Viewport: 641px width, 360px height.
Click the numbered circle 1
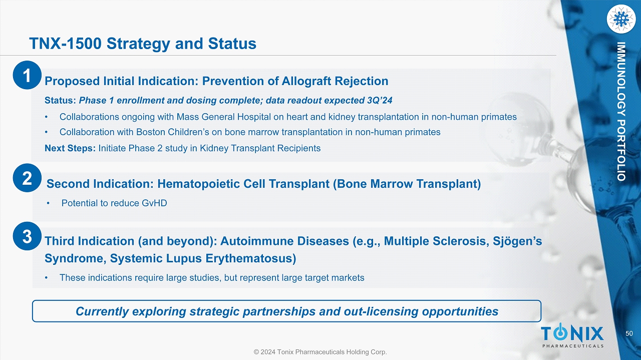click(x=27, y=75)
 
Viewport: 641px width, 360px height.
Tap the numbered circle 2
click(x=27, y=178)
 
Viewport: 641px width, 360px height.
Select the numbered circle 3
click(x=27, y=236)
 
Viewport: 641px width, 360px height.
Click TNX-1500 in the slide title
click(x=66, y=44)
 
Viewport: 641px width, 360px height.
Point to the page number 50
click(x=629, y=333)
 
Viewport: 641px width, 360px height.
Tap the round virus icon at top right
click(x=621, y=19)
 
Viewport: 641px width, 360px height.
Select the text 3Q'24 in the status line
click(x=380, y=101)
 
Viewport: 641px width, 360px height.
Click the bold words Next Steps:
click(x=70, y=148)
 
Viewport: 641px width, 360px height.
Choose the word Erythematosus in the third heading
click(x=251, y=258)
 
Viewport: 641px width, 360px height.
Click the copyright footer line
click(x=320, y=351)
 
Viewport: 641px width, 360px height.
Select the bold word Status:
click(x=60, y=101)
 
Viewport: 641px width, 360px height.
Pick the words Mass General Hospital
click(x=223, y=117)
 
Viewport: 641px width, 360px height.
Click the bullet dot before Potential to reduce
click(x=48, y=203)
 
